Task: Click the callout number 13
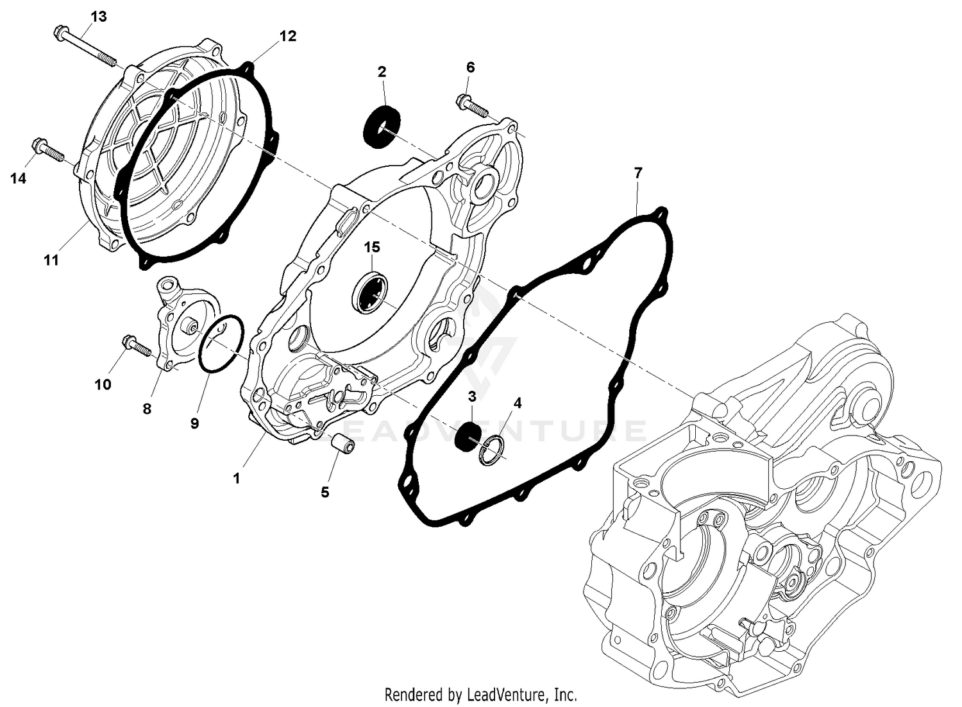pos(98,16)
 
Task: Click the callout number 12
pos(288,37)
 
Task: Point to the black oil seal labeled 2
pos(382,127)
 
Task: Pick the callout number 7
pos(637,173)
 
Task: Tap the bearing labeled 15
pos(371,293)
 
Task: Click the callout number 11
pos(51,260)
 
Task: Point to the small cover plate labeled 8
pos(176,327)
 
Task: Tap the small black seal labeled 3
pos(468,436)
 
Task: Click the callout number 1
pos(236,479)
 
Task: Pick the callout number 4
pos(517,403)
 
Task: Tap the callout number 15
pos(372,247)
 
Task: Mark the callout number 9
pos(194,423)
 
